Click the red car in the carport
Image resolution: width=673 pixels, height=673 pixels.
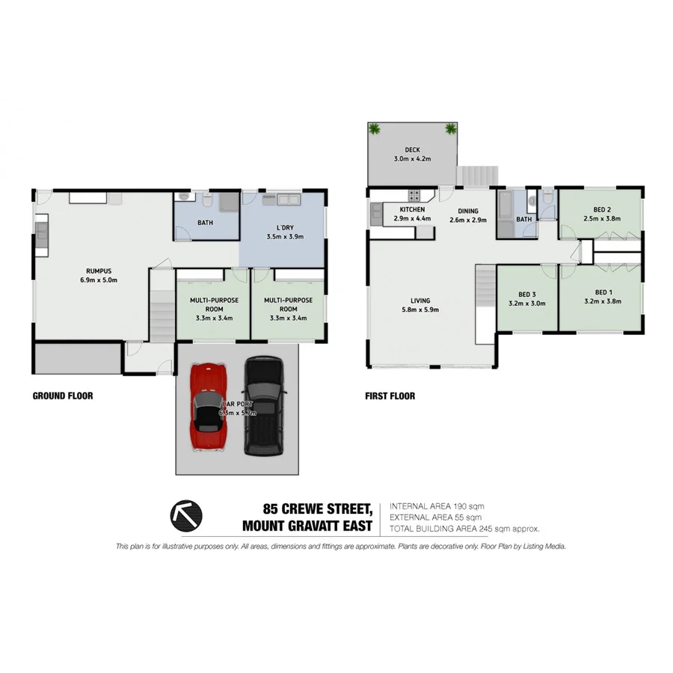coord(210,408)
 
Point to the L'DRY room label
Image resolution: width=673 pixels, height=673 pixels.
coord(283,227)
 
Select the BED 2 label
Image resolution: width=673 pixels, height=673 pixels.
coord(603,209)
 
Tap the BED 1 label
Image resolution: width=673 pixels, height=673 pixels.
coord(603,292)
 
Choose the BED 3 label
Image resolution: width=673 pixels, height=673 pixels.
coord(526,295)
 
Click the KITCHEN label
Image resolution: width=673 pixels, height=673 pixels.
coord(412,210)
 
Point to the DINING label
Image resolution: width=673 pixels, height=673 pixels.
coord(467,211)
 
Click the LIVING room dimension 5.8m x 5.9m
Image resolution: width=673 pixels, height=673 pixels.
coord(420,310)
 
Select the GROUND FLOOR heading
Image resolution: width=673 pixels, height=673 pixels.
coord(63,396)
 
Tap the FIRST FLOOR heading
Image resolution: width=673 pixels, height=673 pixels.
coord(389,396)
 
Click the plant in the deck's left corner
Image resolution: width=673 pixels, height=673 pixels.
coord(375,129)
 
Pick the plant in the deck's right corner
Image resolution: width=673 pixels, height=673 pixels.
coord(450,129)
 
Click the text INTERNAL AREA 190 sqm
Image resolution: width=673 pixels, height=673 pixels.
coord(441,506)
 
